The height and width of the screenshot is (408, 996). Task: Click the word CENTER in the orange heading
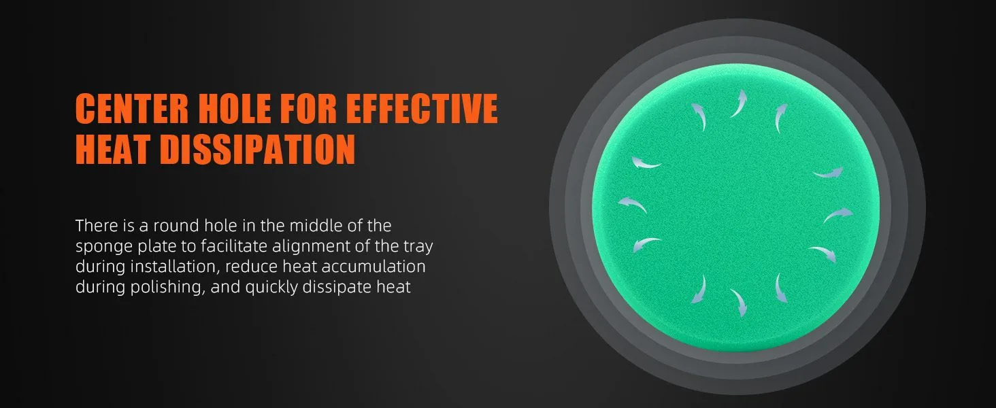(x=131, y=108)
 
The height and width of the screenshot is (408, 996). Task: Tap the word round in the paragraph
(x=176, y=226)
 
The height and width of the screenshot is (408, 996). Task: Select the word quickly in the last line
(x=271, y=288)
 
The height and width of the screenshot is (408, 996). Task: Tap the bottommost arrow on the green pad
(x=740, y=302)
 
